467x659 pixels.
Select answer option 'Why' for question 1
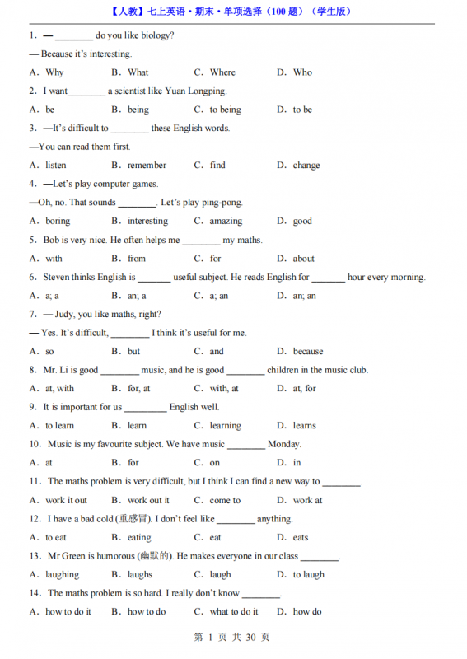click(54, 72)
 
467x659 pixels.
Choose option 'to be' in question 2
click(302, 110)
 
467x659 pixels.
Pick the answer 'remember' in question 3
click(147, 166)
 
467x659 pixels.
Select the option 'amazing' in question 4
click(226, 221)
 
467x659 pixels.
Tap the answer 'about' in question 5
click(304, 259)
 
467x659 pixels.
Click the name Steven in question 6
click(57, 277)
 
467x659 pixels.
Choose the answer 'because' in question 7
click(308, 352)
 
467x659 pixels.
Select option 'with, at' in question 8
click(224, 389)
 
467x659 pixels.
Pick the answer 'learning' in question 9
click(226, 426)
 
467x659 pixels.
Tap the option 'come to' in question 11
click(225, 500)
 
